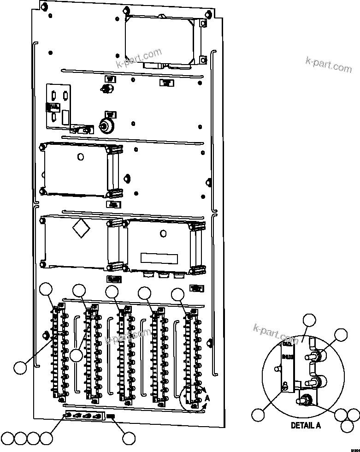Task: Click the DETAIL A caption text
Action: [305, 426]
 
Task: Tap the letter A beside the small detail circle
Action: [207, 397]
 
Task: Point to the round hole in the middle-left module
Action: [81, 157]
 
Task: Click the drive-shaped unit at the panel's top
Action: [164, 39]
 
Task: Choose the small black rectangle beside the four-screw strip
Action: [111, 417]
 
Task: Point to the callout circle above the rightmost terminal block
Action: [178, 294]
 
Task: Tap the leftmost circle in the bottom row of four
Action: [8, 437]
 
